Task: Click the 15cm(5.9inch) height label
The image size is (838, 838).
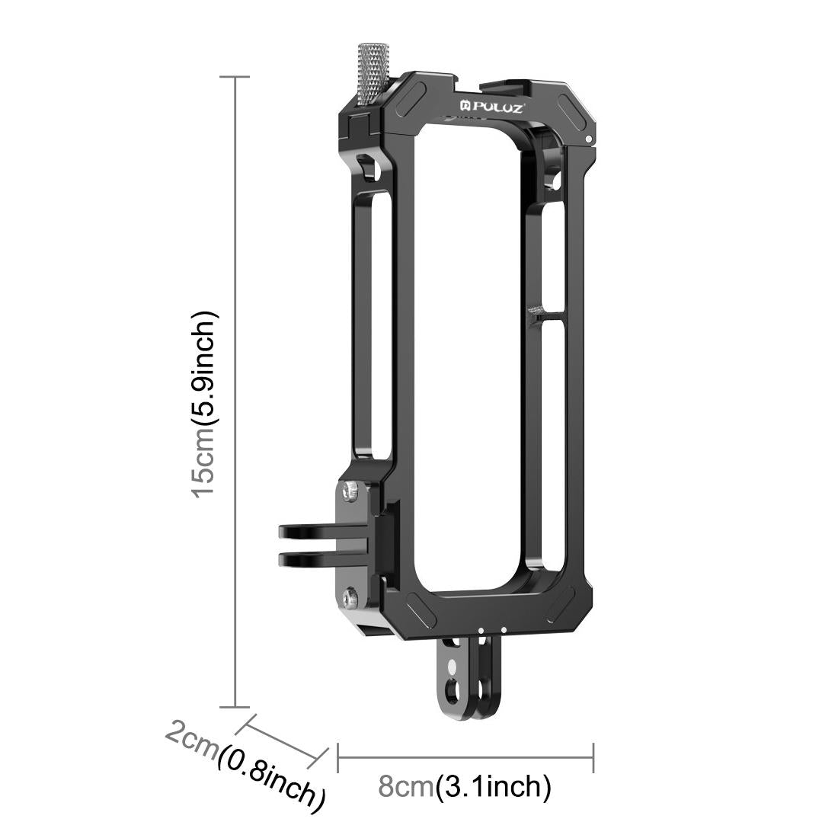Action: [x=205, y=403]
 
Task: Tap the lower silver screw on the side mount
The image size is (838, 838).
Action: [x=350, y=599]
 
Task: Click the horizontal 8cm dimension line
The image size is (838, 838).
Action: [x=465, y=756]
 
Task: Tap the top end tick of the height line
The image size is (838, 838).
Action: [x=235, y=77]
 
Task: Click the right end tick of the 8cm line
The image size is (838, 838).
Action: [x=593, y=756]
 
